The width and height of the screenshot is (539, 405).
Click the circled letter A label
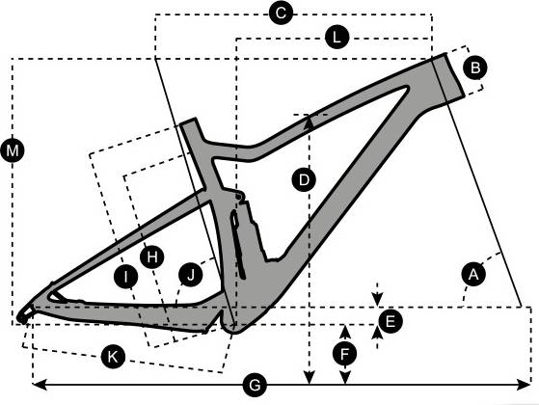coord(474,274)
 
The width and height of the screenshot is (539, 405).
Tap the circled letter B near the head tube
coord(475,67)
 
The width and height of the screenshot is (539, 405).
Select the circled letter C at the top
coord(281,13)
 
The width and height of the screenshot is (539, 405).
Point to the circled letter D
coord(304,179)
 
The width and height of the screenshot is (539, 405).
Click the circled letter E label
coord(390,322)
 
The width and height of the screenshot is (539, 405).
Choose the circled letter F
coord(345,354)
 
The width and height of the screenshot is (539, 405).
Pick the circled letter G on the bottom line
coord(255,386)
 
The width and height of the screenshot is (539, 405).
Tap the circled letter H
coord(152,256)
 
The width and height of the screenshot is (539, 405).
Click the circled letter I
coord(125,276)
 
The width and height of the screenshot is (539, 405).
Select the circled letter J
coord(191,275)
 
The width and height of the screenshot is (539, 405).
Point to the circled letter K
coord(113,357)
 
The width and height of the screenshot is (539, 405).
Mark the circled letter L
coord(337,38)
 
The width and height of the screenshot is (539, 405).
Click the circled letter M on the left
coord(13,150)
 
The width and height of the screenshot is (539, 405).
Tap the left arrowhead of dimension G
coord(39,385)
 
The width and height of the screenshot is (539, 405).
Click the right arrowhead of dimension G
coord(525,385)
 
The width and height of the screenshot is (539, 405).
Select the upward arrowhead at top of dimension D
coord(310,122)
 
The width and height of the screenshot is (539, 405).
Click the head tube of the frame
coord(446,77)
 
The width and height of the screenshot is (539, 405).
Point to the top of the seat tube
coord(189,122)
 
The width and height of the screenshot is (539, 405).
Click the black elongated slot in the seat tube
coord(237,243)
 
